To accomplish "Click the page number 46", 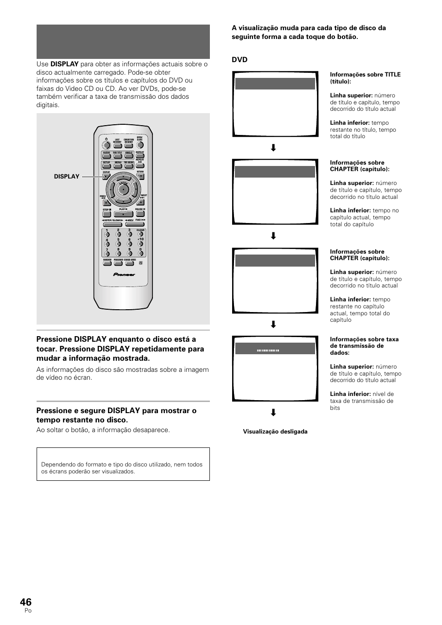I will pyautogui.click(x=26, y=602).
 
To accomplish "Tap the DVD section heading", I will pyautogui.click(x=240, y=60).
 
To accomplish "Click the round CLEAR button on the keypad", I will pyautogui.click(x=140, y=235).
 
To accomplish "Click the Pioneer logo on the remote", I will pyautogui.click(x=124, y=274).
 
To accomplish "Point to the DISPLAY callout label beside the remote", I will pyautogui.click(x=67, y=176).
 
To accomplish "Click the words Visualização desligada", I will pyautogui.click(x=275, y=432).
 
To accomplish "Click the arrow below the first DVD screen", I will pyautogui.click(x=273, y=148).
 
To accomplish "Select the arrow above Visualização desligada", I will pyautogui.click(x=273, y=413).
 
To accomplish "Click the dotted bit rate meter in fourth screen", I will pyautogui.click(x=268, y=351).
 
